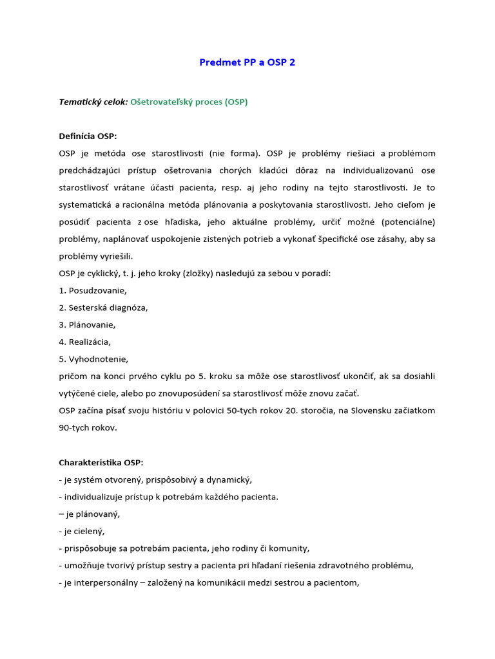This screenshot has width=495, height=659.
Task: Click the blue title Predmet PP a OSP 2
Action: tap(247, 62)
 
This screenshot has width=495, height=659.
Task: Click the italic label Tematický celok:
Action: tap(93, 102)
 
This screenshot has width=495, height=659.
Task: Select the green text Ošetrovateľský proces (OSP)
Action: tap(189, 102)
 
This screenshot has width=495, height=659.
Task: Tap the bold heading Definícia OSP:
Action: tap(88, 136)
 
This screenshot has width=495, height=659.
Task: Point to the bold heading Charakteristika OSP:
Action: tap(101, 463)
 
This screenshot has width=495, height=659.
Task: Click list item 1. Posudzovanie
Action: tap(93, 290)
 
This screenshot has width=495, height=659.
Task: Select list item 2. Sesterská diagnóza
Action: tap(103, 308)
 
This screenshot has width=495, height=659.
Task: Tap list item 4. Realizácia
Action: tap(85, 342)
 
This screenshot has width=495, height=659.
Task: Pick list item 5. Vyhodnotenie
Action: tap(93, 359)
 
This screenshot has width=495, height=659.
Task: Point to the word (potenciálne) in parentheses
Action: tap(408, 222)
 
